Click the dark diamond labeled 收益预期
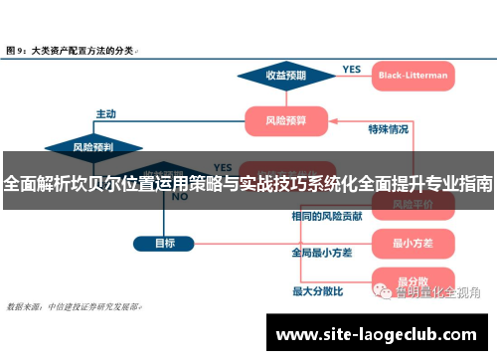pos(285,75)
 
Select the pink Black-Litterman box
pos(413,75)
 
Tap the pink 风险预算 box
pos(285,121)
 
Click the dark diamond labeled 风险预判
pos(94,147)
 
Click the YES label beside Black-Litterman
pos(352,70)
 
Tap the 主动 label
pos(106,113)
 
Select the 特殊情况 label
pos(388,128)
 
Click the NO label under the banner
pos(180,197)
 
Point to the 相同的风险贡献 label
pos(325,215)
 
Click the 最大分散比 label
pos(317,291)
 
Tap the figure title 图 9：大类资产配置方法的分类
pos(72,48)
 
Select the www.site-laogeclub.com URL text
pos(379,333)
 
